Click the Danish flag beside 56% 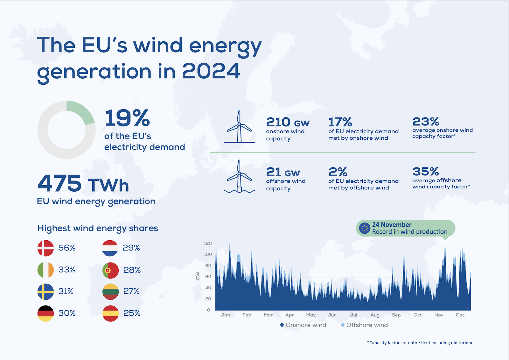(x=45, y=248)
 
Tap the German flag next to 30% (x=45, y=314)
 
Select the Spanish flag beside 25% (x=110, y=314)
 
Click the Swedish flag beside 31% (x=45, y=292)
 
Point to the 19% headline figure (x=127, y=118)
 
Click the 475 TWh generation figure (x=83, y=183)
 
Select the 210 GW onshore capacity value (x=288, y=122)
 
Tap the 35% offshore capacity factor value (x=426, y=172)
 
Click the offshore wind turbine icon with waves (x=239, y=176)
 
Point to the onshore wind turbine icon (x=239, y=127)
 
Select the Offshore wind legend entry (x=365, y=325)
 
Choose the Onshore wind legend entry (x=303, y=325)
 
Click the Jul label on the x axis (x=353, y=315)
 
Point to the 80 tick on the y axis (x=208, y=265)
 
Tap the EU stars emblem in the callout (x=365, y=228)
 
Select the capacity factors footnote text (x=421, y=343)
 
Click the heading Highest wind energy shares (x=98, y=228)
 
